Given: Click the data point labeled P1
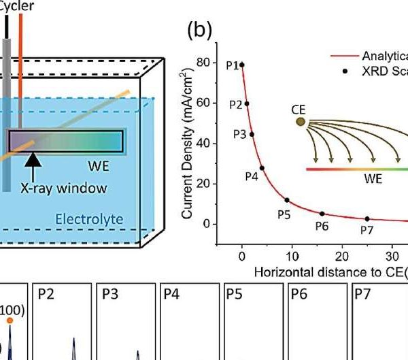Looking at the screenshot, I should tap(241, 65).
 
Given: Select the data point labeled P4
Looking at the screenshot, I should tap(262, 168).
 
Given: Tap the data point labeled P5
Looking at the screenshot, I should tap(287, 200).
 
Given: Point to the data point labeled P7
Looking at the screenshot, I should tap(367, 219).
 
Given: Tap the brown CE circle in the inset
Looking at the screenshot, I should tap(301, 121).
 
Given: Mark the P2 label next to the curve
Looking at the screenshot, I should tap(235, 105).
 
